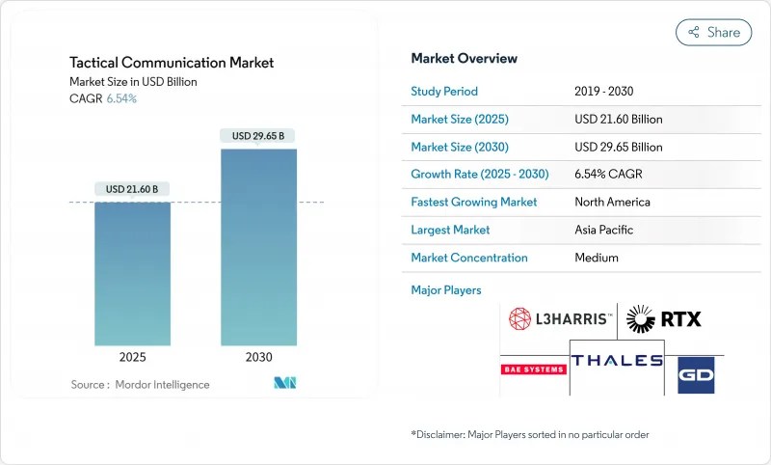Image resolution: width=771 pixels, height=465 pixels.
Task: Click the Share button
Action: pos(713,32)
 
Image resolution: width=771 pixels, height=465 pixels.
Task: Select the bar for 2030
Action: pos(258,247)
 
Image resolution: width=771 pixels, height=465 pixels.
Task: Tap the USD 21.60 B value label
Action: pos(132,189)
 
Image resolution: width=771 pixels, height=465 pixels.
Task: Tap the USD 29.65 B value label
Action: pos(258,136)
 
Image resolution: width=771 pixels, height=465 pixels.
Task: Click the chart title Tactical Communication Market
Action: pos(172,63)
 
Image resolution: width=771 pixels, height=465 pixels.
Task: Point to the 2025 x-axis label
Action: pos(132,357)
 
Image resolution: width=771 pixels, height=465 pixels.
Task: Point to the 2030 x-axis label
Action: pos(258,357)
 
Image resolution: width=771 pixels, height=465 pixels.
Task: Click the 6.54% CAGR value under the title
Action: pos(120,99)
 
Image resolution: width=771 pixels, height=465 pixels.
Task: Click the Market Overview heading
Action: pos(464,59)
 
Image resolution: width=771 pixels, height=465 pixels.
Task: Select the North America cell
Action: pos(612,203)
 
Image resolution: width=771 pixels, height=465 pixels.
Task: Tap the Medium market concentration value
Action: pos(597,258)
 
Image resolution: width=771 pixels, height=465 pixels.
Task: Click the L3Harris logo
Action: pos(559,317)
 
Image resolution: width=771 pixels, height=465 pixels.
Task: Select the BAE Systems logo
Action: pos(533,369)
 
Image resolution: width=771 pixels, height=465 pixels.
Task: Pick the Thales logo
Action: pos(617,361)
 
